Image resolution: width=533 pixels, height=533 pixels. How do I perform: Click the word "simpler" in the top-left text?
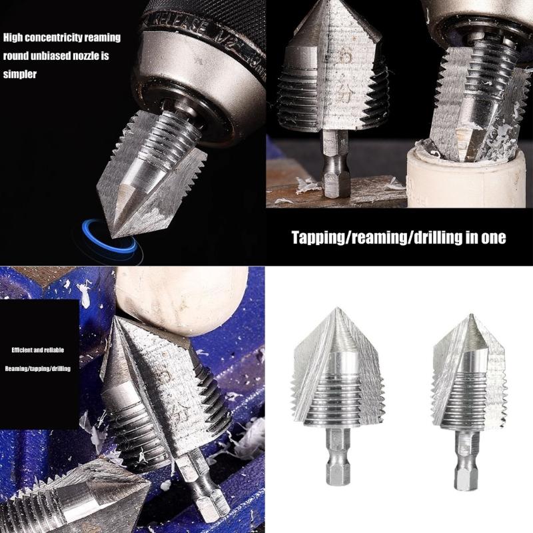(19, 75)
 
